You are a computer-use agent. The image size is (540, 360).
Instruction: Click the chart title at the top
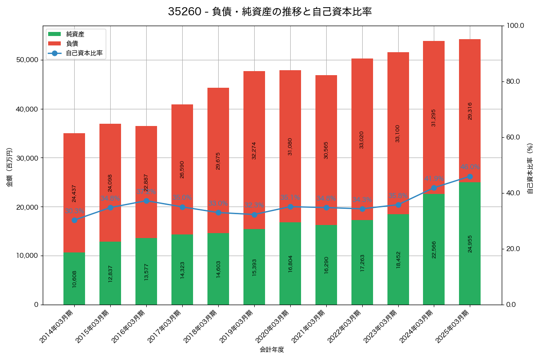click(x=270, y=12)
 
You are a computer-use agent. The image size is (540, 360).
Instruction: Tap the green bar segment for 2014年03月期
click(x=74, y=279)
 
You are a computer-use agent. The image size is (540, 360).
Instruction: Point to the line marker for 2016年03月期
click(x=146, y=201)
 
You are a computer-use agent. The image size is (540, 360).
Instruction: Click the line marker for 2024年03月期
click(x=434, y=188)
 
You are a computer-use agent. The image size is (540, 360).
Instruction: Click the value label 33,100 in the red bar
click(x=398, y=133)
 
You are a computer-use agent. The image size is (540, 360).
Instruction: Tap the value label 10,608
click(x=74, y=279)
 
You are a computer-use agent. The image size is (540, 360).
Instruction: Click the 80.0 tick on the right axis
click(x=513, y=81)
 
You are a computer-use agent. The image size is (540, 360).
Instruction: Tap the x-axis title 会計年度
click(x=272, y=350)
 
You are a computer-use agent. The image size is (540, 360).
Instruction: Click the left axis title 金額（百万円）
click(x=9, y=167)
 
